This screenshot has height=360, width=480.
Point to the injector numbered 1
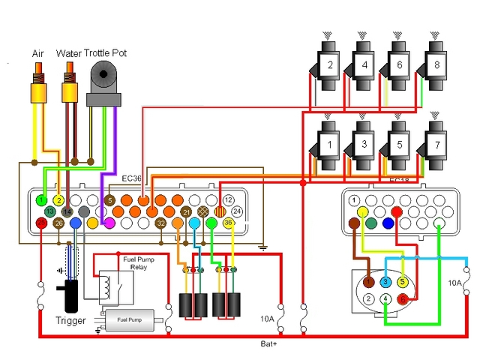(329, 142)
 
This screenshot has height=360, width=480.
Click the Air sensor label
(38, 53)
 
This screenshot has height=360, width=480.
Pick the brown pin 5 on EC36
(109, 200)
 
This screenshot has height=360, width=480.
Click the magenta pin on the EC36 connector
(109, 223)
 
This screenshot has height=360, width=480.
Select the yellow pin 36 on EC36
(228, 223)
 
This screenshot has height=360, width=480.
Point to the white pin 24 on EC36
(236, 211)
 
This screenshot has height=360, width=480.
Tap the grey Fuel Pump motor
(133, 319)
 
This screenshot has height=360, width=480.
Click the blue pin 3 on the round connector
(385, 281)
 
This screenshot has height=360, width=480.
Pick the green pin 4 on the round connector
(385, 298)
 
